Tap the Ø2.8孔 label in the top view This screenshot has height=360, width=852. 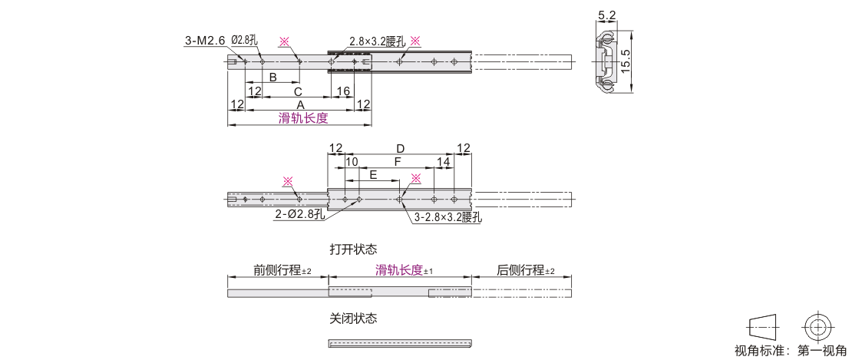click(245, 41)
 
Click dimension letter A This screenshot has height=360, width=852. click(299, 104)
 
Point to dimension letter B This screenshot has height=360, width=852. click(273, 77)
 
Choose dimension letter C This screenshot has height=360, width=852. click(297, 91)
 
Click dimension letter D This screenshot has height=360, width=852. click(400, 149)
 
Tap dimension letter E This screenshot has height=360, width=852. click(373, 175)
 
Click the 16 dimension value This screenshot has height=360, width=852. click(343, 91)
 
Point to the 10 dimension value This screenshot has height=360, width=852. click(352, 162)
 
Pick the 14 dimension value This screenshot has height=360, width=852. click(444, 162)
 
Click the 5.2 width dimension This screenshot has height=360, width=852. click(606, 16)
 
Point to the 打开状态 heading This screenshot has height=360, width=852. click(353, 249)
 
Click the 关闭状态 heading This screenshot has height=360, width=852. click(353, 319)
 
